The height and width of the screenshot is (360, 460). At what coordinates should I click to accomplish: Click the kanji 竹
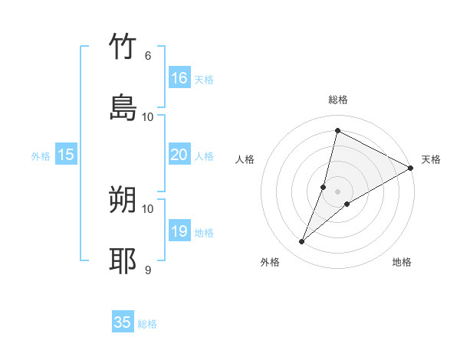point(123,47)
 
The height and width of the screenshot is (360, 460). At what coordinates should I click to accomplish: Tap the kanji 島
point(123,107)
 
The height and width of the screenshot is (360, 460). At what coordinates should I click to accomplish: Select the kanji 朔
point(123,201)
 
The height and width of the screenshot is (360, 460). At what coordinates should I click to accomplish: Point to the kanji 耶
point(123,260)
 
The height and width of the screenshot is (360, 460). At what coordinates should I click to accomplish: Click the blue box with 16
point(179,77)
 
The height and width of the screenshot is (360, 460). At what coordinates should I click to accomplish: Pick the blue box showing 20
point(179,155)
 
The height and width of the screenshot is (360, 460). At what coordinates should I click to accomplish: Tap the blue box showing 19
point(179,231)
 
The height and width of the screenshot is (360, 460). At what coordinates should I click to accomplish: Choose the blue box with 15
point(66,155)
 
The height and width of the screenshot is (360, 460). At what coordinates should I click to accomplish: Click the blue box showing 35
point(123,322)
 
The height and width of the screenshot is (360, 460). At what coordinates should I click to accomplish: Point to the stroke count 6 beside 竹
point(147,56)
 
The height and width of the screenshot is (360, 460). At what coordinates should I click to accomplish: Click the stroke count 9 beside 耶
point(147,270)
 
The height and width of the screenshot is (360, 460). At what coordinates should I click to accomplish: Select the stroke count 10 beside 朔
point(147,208)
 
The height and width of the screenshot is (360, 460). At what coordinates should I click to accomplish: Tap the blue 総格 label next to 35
point(147,324)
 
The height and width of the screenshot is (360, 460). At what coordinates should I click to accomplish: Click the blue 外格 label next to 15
point(41,155)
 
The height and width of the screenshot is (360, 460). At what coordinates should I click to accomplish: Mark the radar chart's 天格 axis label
point(431,159)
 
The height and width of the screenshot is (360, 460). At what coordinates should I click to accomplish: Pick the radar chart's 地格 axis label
point(402,262)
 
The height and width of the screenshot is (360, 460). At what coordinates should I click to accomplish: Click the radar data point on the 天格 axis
point(411,168)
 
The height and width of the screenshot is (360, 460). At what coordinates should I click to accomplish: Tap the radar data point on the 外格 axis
point(302,242)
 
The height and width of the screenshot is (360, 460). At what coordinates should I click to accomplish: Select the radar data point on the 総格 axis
point(337,130)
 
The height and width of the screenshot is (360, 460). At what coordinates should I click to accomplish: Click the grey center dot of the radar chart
point(337,191)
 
